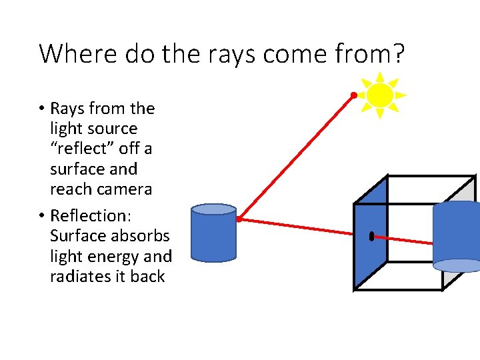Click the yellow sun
click(380, 95)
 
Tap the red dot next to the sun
click(354, 95)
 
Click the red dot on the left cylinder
click(239, 219)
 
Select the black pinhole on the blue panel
click(371, 235)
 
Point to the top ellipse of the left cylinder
click(213, 209)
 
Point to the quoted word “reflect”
click(82, 149)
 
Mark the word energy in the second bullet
click(116, 257)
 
